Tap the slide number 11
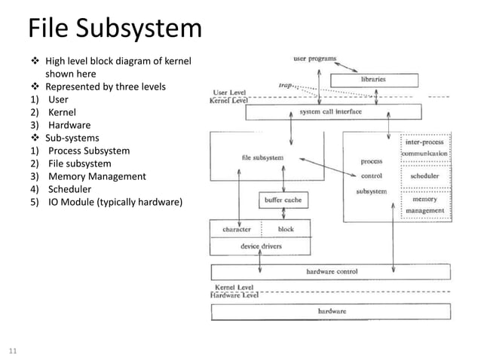(13, 350)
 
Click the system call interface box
(332, 112)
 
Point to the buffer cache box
(283, 201)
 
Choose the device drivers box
(261, 246)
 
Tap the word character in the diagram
(237, 229)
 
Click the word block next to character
(286, 229)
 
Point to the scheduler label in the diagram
(424, 176)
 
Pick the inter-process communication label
(424, 147)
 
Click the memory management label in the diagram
(424, 205)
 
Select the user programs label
(314, 58)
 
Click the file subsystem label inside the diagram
(262, 158)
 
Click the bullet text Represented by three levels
(105, 87)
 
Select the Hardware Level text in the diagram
(234, 295)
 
